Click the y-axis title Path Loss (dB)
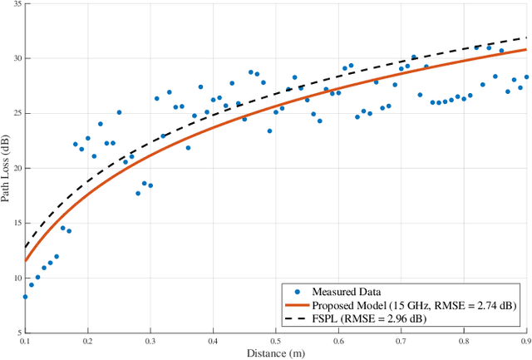(6, 167)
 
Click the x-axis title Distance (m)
(275, 353)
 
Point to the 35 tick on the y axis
(16, 4)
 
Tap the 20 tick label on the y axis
(16, 168)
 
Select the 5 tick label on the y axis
(18, 332)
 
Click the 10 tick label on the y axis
(16, 278)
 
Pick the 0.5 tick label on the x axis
(275, 342)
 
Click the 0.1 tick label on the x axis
(25, 342)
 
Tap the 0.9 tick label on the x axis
(526, 342)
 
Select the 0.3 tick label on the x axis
(150, 342)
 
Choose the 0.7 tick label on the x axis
(401, 342)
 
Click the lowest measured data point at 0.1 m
(25, 296)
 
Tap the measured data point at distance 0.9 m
(526, 76)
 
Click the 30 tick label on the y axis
(16, 59)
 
